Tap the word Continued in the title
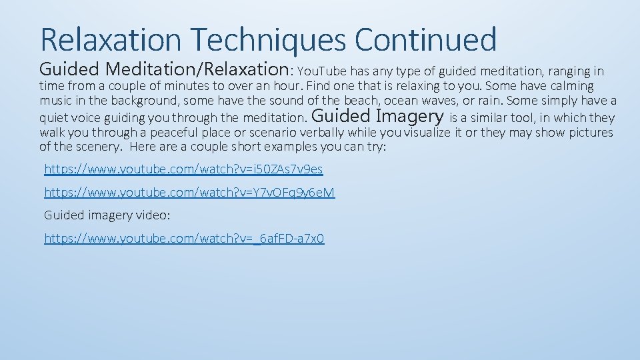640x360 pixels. coord(425,39)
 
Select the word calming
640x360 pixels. coord(572,86)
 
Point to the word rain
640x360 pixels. coord(493,101)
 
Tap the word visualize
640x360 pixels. coord(423,133)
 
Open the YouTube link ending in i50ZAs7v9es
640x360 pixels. coord(183,169)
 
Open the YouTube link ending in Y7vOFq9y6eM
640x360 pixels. coord(189,193)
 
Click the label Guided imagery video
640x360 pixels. coord(107,215)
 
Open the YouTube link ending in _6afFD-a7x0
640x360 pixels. coord(184,238)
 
